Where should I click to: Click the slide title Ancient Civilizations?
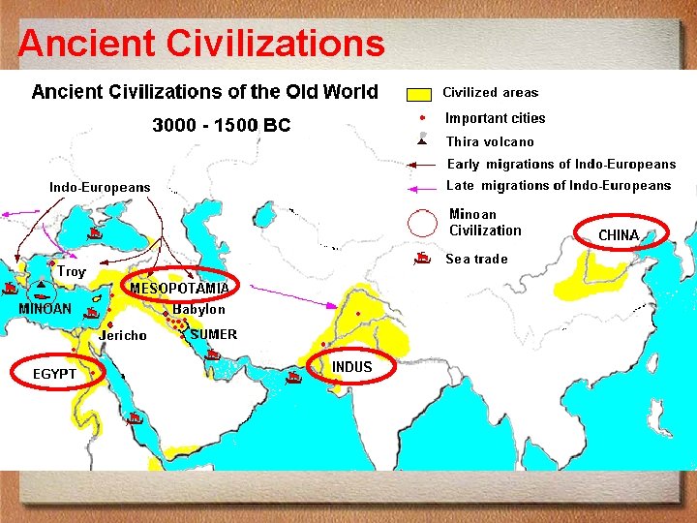coord(201,43)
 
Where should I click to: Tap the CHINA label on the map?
coord(619,235)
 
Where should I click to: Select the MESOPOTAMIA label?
coord(179,289)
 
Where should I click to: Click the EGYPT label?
coord(54,373)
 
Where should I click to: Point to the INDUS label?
coord(351,367)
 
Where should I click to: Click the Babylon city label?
coord(199,310)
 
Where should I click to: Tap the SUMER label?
coord(214,334)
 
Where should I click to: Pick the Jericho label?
coord(123,336)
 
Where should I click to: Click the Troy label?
coord(72,272)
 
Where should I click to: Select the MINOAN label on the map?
coord(45,309)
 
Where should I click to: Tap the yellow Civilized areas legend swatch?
coord(419,95)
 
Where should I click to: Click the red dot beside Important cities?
coord(422,118)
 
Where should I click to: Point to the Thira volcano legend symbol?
coord(422,140)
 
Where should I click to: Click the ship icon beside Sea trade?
coord(423,258)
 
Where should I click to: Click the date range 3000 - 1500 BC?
coord(222,126)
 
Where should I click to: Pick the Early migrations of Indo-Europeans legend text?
coord(561,165)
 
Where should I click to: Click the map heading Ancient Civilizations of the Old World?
coord(205,92)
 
